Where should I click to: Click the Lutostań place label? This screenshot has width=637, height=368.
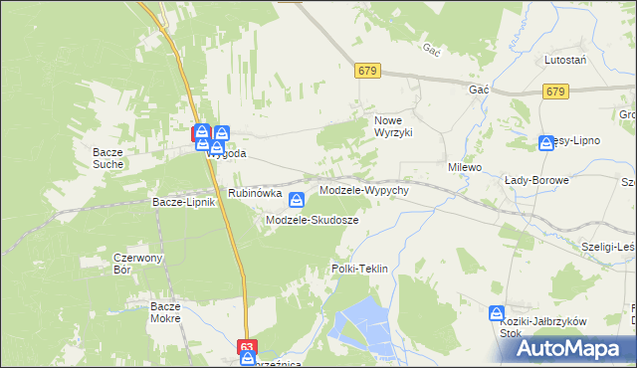563,60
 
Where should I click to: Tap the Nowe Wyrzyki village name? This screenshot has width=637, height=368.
392,125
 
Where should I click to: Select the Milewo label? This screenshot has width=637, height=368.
465,167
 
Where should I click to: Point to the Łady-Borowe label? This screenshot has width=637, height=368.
536,180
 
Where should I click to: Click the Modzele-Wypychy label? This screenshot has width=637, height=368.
363,189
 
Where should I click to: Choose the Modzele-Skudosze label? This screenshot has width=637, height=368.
312,219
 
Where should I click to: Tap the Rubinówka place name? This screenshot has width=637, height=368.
255,192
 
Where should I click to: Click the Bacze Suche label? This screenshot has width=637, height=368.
106,157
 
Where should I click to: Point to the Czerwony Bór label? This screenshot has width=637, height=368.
123,263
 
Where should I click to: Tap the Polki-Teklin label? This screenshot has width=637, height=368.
358,269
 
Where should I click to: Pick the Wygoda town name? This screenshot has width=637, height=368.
226,154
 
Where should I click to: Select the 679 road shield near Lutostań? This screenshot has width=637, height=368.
556,92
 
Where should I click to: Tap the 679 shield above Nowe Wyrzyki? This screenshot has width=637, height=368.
367,70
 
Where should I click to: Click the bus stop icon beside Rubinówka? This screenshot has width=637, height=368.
296,201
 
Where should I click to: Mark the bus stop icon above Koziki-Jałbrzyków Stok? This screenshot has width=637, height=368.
497,314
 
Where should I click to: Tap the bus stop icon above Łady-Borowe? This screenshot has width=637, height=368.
545,143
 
